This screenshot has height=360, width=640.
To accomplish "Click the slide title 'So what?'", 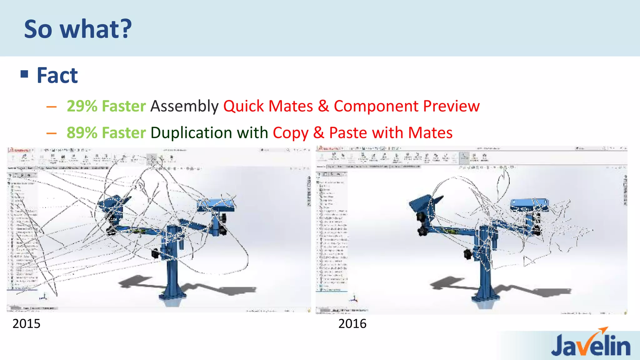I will click(x=78, y=29).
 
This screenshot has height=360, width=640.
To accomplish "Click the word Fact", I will click(x=57, y=76).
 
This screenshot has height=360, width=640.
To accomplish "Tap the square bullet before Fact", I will click(x=24, y=74).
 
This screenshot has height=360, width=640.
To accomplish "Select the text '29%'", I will click(x=82, y=106).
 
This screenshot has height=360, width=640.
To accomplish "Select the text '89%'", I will click(x=82, y=132).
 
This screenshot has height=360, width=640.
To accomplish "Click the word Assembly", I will click(x=184, y=106).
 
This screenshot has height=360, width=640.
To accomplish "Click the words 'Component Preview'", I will click(x=407, y=106).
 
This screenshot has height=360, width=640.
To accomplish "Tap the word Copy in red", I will click(x=290, y=133).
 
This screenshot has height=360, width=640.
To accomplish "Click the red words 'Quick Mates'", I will click(x=268, y=106).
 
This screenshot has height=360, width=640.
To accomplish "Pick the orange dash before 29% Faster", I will click(x=51, y=107).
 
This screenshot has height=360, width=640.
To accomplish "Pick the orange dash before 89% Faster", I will click(x=51, y=134).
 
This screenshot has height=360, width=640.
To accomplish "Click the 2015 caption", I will click(x=26, y=324).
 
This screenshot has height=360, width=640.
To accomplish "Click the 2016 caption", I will click(x=352, y=324).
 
